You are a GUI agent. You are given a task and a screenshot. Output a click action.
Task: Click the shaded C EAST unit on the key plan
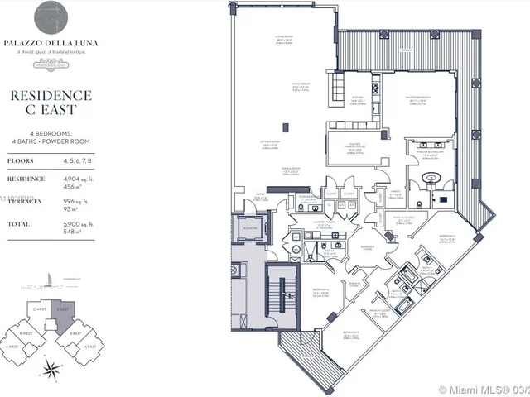(x=63, y=313)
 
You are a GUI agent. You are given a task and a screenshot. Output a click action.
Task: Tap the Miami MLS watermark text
(x=480, y=389)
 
